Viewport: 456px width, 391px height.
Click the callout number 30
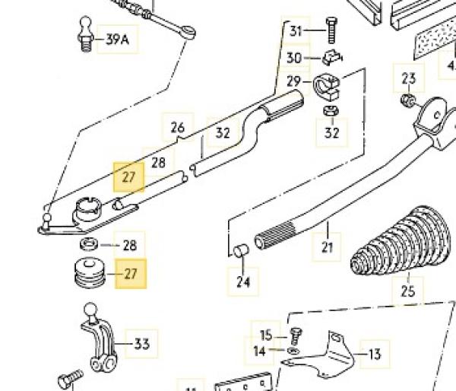pos(294,58)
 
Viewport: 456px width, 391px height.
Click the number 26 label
pos(178,127)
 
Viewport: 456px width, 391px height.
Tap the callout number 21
pos(328,246)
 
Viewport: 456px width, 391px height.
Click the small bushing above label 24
pos(242,253)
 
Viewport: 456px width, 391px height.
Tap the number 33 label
pos(142,345)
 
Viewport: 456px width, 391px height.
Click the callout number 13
pos(374,353)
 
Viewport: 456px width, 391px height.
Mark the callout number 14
pos(261,351)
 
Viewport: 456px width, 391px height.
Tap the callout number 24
pos(242,282)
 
